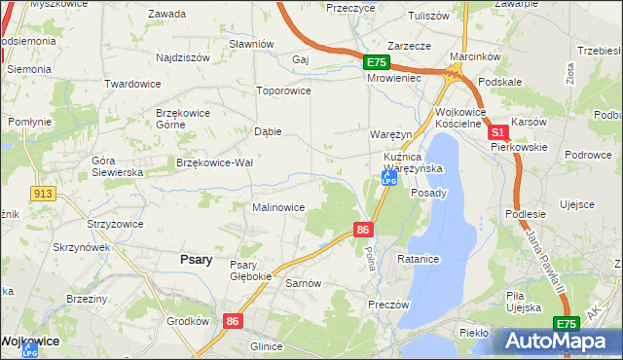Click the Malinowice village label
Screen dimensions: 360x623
click(x=278, y=207)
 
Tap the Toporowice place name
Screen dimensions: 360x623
click(x=282, y=90)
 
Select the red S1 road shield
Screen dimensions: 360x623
click(x=497, y=131)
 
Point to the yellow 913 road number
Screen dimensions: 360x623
click(x=41, y=194)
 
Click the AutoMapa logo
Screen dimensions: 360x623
click(x=560, y=342)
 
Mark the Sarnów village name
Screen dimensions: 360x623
click(x=303, y=283)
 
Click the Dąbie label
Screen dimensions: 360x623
click(x=267, y=131)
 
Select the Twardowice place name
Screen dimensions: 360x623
click(x=132, y=85)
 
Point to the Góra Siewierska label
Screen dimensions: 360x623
click(x=118, y=165)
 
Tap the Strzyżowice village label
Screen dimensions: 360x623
click(x=114, y=224)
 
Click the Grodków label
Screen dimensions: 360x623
click(x=188, y=320)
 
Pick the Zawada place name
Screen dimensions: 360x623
click(x=166, y=14)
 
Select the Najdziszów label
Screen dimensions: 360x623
click(x=182, y=57)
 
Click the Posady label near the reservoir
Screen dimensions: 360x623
click(x=428, y=193)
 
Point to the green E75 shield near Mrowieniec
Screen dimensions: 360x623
click(x=378, y=62)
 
